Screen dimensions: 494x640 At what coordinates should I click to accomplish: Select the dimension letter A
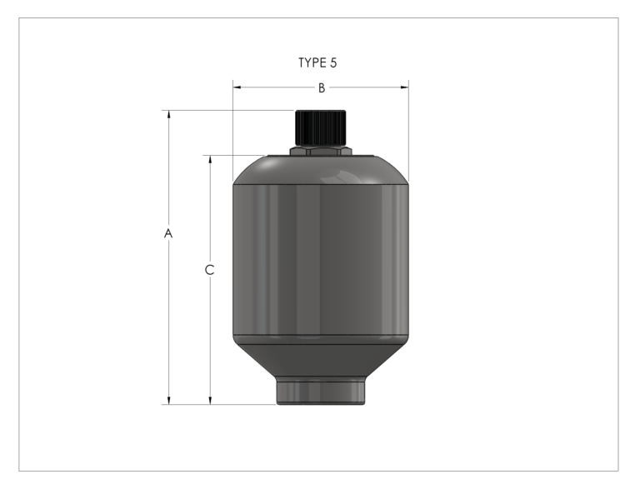pyautogui.click(x=168, y=234)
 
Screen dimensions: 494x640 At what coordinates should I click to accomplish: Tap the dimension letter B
pyautogui.click(x=321, y=87)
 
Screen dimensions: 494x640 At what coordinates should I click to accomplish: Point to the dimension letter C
pyautogui.click(x=210, y=270)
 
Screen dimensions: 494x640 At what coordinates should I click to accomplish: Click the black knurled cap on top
pyautogui.click(x=320, y=127)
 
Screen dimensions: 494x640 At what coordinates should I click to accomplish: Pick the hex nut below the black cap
pyautogui.click(x=320, y=152)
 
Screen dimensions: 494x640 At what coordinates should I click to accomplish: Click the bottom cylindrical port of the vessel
pyautogui.click(x=320, y=391)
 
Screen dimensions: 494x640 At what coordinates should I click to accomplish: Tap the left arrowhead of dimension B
pyautogui.click(x=237, y=87)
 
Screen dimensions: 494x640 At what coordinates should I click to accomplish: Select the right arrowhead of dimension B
pyautogui.click(x=405, y=87)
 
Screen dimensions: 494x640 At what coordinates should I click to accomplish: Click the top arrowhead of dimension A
pyautogui.click(x=169, y=114)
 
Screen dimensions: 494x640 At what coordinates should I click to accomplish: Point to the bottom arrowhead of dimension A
pyautogui.click(x=169, y=401)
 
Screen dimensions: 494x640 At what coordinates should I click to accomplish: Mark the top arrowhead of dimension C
pyautogui.click(x=210, y=158)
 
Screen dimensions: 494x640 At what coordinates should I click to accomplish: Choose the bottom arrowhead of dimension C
pyautogui.click(x=210, y=401)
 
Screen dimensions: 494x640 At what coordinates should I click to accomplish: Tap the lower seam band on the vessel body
pyautogui.click(x=321, y=338)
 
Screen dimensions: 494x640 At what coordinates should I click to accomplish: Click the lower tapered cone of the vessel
pyautogui.click(x=321, y=359)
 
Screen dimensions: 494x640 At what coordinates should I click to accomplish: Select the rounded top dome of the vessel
pyautogui.click(x=321, y=168)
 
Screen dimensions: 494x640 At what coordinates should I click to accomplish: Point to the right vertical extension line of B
pyautogui.click(x=409, y=125)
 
